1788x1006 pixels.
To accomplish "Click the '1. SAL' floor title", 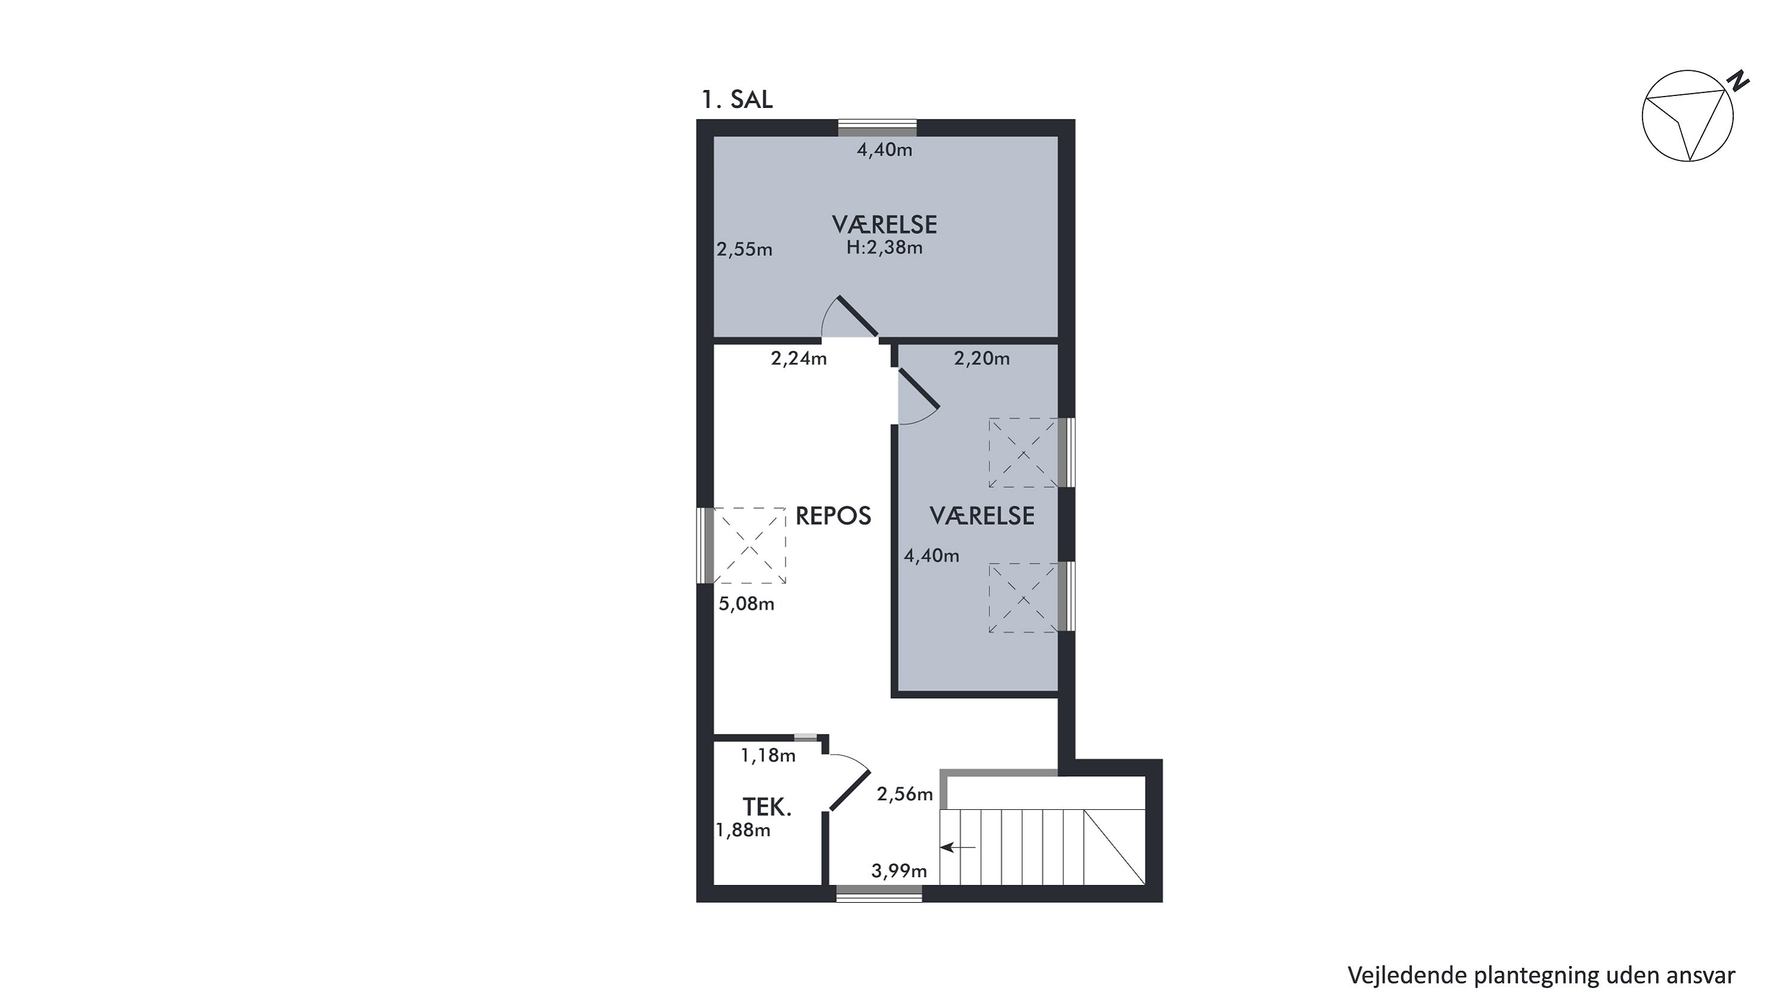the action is pyautogui.click(x=737, y=100).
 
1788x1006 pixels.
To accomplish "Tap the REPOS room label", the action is pyautogui.click(x=833, y=516).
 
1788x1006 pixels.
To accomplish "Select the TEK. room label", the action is pyautogui.click(x=767, y=807).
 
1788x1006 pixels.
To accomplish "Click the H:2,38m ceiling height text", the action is pyautogui.click(x=884, y=248).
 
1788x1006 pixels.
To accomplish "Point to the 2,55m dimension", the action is pyautogui.click(x=744, y=249).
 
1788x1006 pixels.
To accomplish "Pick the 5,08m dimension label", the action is pyautogui.click(x=746, y=604).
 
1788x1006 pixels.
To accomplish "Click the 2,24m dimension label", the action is pyautogui.click(x=799, y=358).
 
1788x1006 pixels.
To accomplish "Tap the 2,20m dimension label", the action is pyautogui.click(x=982, y=358).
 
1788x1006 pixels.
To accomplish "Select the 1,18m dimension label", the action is pyautogui.click(x=768, y=756).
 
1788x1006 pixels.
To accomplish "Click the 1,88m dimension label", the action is pyautogui.click(x=743, y=829).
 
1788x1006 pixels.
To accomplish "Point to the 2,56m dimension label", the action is pyautogui.click(x=904, y=794).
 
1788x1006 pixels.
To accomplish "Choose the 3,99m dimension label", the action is pyautogui.click(x=899, y=871).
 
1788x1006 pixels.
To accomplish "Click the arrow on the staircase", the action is pyautogui.click(x=958, y=847).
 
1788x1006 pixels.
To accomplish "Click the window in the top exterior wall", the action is pyautogui.click(x=877, y=128).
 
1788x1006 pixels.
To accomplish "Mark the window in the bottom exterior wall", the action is pyautogui.click(x=880, y=894).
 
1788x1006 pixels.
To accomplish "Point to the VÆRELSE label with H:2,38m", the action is pyautogui.click(x=884, y=225).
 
